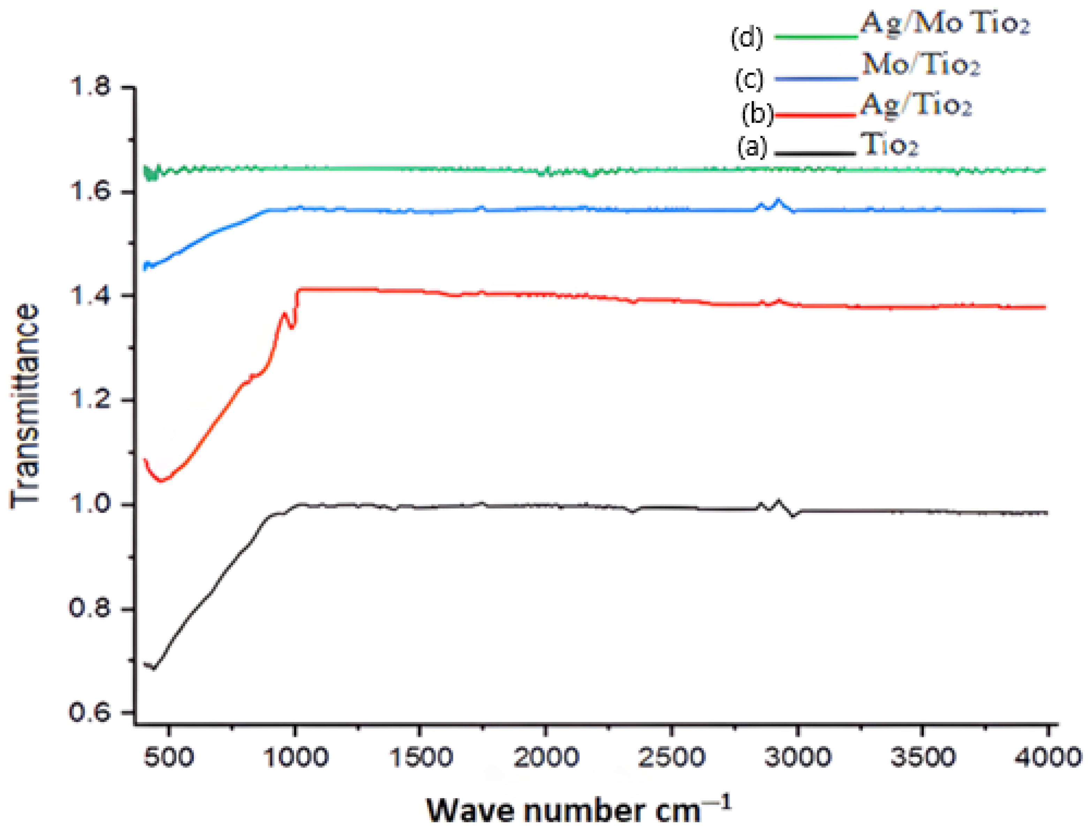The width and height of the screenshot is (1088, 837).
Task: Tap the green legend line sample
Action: click(x=816, y=36)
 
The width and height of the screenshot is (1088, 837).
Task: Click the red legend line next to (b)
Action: click(x=816, y=115)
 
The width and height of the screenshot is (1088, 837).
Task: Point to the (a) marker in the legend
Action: click(x=752, y=148)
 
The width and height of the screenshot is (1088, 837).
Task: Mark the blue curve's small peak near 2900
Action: click(x=778, y=200)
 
